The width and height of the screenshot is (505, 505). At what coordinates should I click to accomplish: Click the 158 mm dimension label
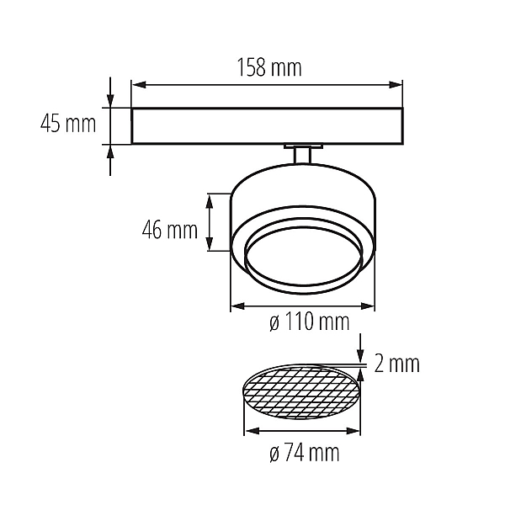[269, 67]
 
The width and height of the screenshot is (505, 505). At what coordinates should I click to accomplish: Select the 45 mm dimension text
[68, 124]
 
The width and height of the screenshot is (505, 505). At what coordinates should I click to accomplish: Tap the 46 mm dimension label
[170, 230]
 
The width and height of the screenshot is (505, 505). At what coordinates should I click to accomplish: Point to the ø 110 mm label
[309, 322]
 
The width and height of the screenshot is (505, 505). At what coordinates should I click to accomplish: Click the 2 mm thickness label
[396, 364]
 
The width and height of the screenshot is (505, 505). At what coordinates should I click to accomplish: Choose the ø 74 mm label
[305, 453]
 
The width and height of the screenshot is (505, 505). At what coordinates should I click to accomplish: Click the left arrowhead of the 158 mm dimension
[139, 85]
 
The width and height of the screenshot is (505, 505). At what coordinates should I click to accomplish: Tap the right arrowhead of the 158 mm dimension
[396, 85]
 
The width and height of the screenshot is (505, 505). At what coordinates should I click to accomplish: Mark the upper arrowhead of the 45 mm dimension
[110, 100]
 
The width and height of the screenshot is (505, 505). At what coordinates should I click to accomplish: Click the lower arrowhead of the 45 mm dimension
[110, 151]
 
